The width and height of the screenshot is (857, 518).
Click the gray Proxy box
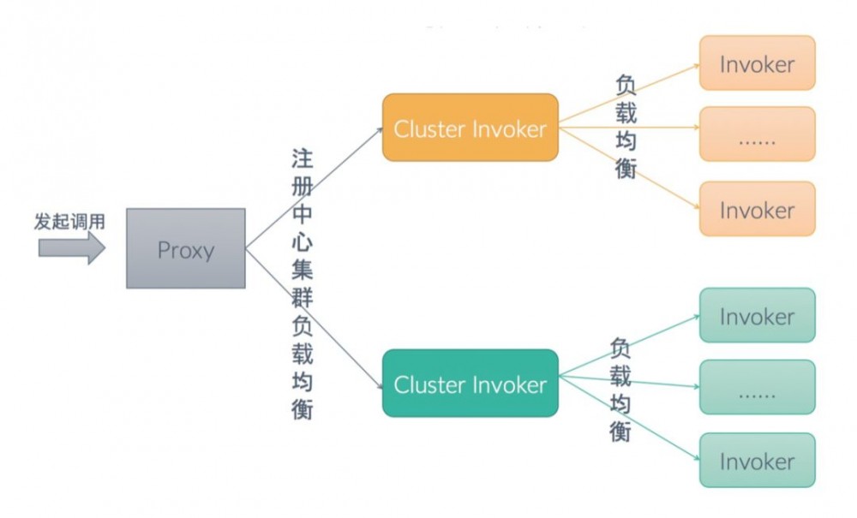186,248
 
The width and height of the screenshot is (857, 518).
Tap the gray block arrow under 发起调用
71,248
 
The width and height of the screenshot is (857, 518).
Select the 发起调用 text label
70,222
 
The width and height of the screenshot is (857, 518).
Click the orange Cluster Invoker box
470,128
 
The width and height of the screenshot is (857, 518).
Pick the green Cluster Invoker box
470,384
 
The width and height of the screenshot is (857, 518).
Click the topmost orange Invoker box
757,63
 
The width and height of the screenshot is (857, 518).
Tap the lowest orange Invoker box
757,209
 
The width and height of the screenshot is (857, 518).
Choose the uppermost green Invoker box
757,316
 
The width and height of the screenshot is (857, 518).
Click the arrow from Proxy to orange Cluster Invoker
314,188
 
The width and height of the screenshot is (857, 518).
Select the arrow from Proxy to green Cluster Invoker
314,316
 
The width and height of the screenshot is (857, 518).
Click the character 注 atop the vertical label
302,159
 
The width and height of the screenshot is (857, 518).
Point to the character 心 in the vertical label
302,242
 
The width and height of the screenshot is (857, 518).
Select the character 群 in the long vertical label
302,297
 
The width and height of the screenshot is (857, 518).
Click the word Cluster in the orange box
428,128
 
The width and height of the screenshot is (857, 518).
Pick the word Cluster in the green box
428,384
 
